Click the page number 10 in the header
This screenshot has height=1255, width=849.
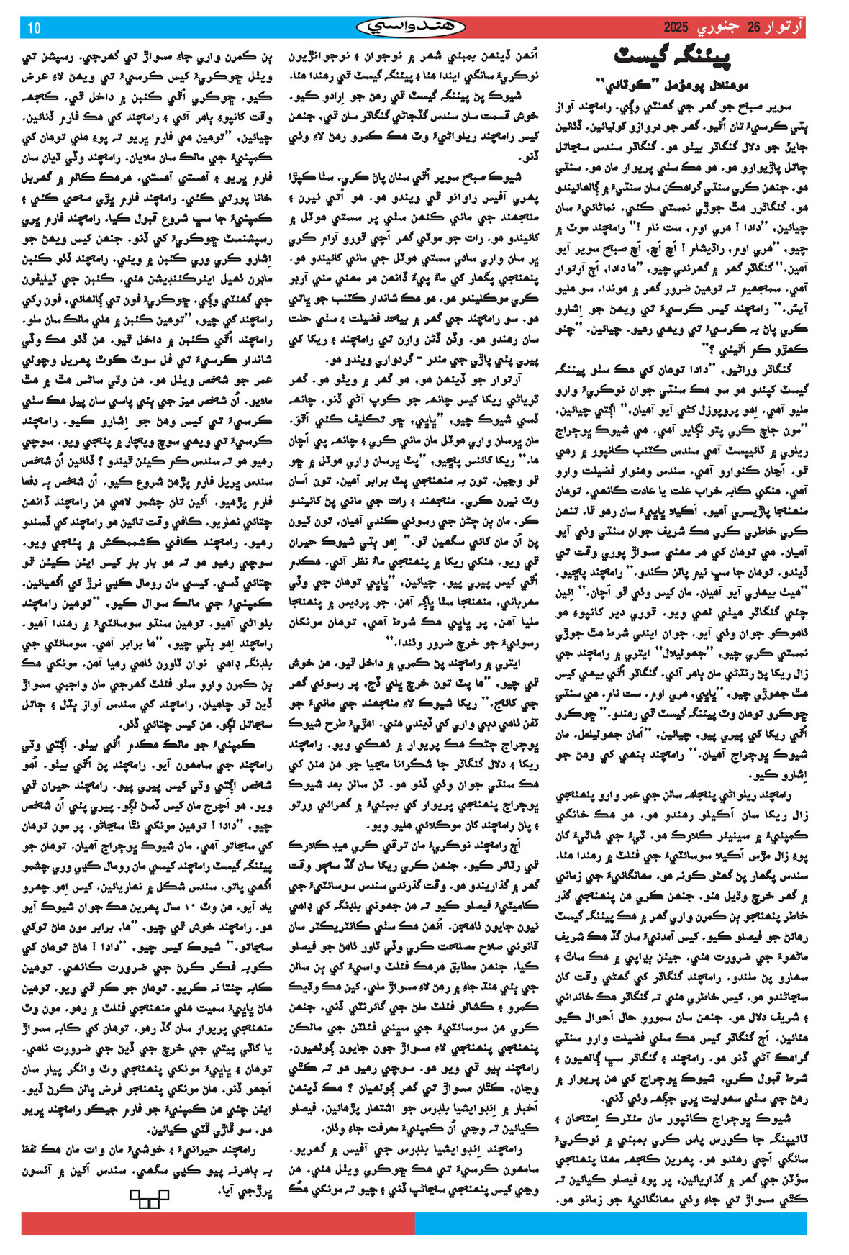click(34, 28)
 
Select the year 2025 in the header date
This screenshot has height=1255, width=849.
click(676, 27)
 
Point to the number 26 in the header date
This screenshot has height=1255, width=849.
click(753, 27)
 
